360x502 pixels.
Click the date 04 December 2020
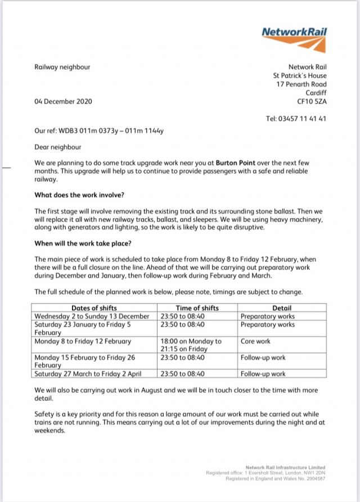[64, 102]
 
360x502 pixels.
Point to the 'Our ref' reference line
[99, 131]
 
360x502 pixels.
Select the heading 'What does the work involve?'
[79, 196]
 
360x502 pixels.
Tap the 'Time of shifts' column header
[197, 308]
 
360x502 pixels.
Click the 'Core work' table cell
[255, 341]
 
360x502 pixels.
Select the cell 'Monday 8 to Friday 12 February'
[83, 341]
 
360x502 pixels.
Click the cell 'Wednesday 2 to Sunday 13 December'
[92, 316]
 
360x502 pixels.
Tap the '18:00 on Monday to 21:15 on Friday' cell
[191, 345]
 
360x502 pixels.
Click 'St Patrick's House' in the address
[300, 75]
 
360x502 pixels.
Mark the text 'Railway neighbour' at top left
[62, 67]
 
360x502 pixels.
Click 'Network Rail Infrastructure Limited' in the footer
[285, 467]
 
